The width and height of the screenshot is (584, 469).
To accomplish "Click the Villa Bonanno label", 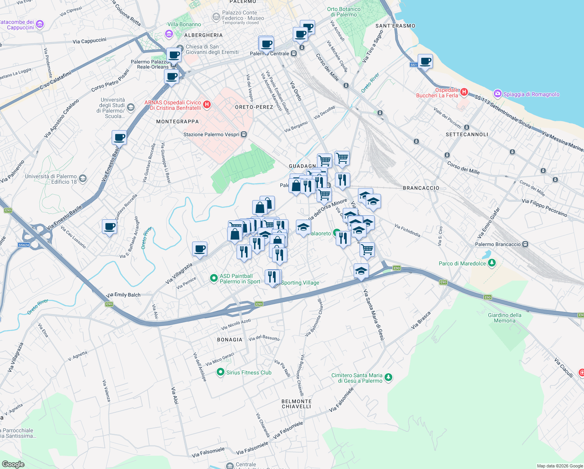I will pyautogui.click(x=184, y=24).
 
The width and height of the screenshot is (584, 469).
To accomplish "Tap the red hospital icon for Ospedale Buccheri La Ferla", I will pyautogui.click(x=464, y=92).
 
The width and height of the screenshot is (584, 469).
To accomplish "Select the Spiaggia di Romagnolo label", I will pyautogui.click(x=531, y=94).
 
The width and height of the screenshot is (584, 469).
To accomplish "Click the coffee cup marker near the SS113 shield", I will pyautogui.click(x=425, y=61).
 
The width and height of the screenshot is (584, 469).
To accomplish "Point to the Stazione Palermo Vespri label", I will pyautogui.click(x=211, y=134).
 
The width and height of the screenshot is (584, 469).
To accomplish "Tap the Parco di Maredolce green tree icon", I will pyautogui.click(x=492, y=263).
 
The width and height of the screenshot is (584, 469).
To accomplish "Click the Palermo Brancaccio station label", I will pyautogui.click(x=498, y=244).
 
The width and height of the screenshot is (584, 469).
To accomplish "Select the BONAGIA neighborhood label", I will pyautogui.click(x=230, y=340).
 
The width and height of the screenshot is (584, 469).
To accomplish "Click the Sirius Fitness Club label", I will pyautogui.click(x=249, y=372).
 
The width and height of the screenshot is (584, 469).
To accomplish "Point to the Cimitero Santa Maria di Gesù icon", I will pyautogui.click(x=388, y=377).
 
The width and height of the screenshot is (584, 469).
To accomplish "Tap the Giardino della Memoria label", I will pyautogui.click(x=504, y=318).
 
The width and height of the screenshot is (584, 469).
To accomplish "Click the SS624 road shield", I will pyautogui.click(x=24, y=245).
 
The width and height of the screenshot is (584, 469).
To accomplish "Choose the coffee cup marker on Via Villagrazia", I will pyautogui.click(x=199, y=249).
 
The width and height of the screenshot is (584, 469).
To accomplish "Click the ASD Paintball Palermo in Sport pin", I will pyautogui.click(x=214, y=278).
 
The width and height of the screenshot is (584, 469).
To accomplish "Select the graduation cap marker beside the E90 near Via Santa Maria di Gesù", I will pyautogui.click(x=361, y=270).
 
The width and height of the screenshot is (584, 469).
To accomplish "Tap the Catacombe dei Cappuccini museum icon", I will pyautogui.click(x=39, y=25).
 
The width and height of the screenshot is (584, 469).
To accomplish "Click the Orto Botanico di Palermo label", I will pyautogui.click(x=344, y=12).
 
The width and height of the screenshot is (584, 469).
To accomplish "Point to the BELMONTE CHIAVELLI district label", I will pyautogui.click(x=296, y=404).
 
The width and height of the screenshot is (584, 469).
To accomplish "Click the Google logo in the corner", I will pyautogui.click(x=13, y=464).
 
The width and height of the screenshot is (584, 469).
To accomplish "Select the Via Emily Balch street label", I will pyautogui.click(x=123, y=295).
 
